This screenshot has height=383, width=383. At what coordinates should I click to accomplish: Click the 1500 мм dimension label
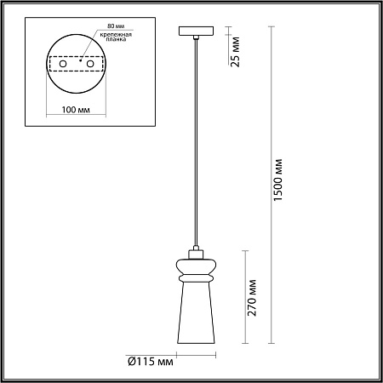coord(278,180)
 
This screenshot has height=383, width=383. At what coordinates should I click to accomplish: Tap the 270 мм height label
coord(252,298)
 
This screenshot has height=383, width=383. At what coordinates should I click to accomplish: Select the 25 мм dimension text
coord(235,52)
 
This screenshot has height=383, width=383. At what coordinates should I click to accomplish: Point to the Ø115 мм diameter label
coord(151,362)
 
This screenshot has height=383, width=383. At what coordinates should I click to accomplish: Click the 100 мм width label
coord(76,110)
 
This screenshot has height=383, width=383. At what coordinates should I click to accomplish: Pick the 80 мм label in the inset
coord(116,26)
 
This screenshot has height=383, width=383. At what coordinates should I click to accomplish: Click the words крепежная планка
coord(116,37)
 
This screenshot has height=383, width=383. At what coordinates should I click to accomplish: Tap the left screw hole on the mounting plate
coord(63,64)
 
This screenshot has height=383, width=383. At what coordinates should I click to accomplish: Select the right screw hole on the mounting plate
coord(90,64)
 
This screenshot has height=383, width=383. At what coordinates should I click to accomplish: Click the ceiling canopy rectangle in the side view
coord(196,31)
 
